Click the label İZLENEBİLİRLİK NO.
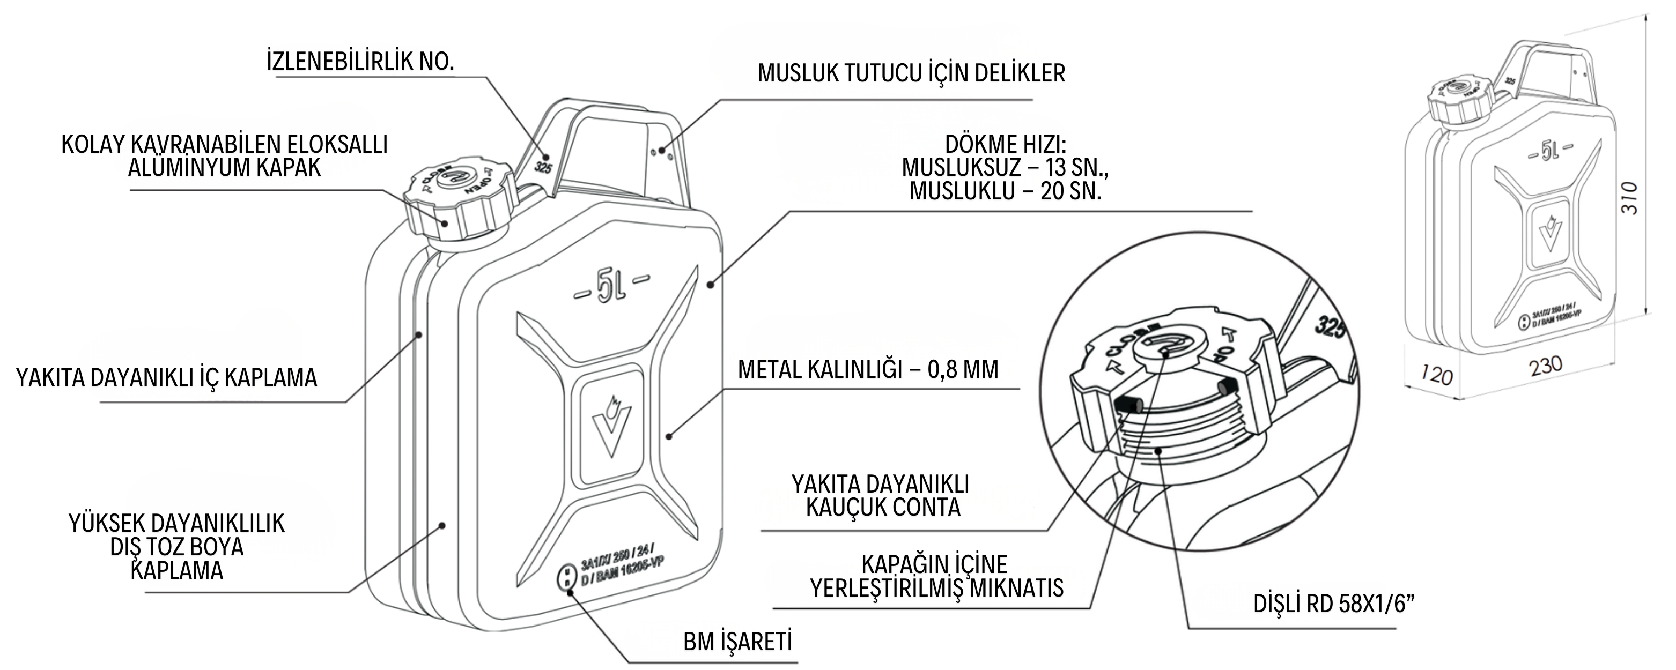(360, 61)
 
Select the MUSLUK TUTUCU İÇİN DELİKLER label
(911, 73)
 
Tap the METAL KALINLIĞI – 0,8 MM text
(867, 369)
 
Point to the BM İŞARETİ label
(737, 642)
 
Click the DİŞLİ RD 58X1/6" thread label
(1334, 604)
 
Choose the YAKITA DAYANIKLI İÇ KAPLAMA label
(167, 377)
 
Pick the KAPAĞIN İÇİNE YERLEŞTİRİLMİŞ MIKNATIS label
(935, 576)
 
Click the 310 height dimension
(1628, 198)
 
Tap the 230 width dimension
(1545, 366)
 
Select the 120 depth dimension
(1436, 375)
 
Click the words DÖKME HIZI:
(1005, 144)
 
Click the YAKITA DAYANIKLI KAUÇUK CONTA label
(880, 496)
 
